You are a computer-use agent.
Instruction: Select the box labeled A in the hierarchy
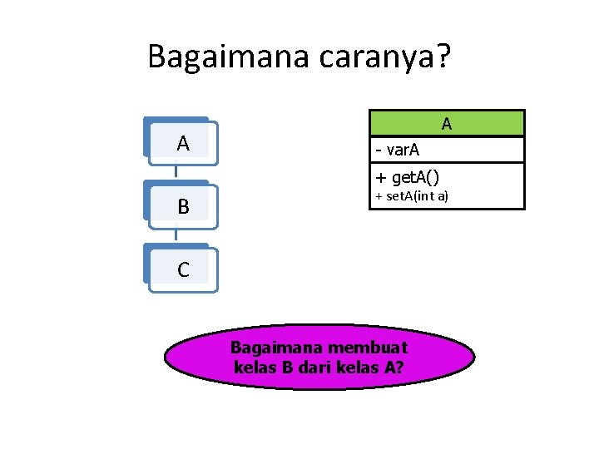[x=182, y=143]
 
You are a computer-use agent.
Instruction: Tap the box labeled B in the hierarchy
[x=182, y=206]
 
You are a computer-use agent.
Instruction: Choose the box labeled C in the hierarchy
[x=182, y=269]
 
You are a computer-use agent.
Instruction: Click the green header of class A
[x=447, y=123]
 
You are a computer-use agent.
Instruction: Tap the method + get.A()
[x=408, y=176]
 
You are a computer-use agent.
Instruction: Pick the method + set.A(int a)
[x=412, y=196]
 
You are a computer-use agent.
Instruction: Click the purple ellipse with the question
[x=319, y=357]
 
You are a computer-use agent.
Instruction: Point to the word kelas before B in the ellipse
[x=254, y=366]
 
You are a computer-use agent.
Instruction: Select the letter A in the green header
[x=447, y=124]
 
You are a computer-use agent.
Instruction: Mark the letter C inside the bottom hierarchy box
[x=183, y=270]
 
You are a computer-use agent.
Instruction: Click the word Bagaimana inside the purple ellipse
[x=267, y=347]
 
